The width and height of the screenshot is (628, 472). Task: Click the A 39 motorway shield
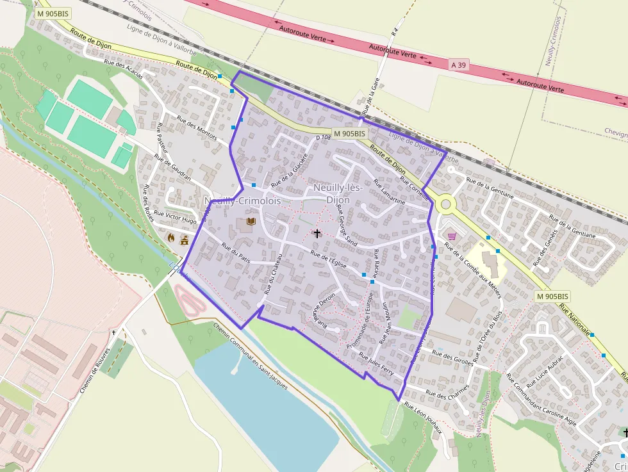[458, 65]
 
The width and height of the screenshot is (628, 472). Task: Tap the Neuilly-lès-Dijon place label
[338, 193]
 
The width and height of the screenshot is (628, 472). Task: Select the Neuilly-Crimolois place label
[243, 201]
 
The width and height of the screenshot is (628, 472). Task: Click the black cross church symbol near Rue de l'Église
[317, 233]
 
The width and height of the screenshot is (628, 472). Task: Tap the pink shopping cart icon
[452, 236]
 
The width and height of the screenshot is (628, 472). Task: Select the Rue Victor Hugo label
[176, 217]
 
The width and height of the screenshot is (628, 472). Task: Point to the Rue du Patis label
[236, 252]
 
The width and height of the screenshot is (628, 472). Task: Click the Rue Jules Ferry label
[376, 364]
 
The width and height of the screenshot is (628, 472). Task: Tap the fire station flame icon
[171, 237]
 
